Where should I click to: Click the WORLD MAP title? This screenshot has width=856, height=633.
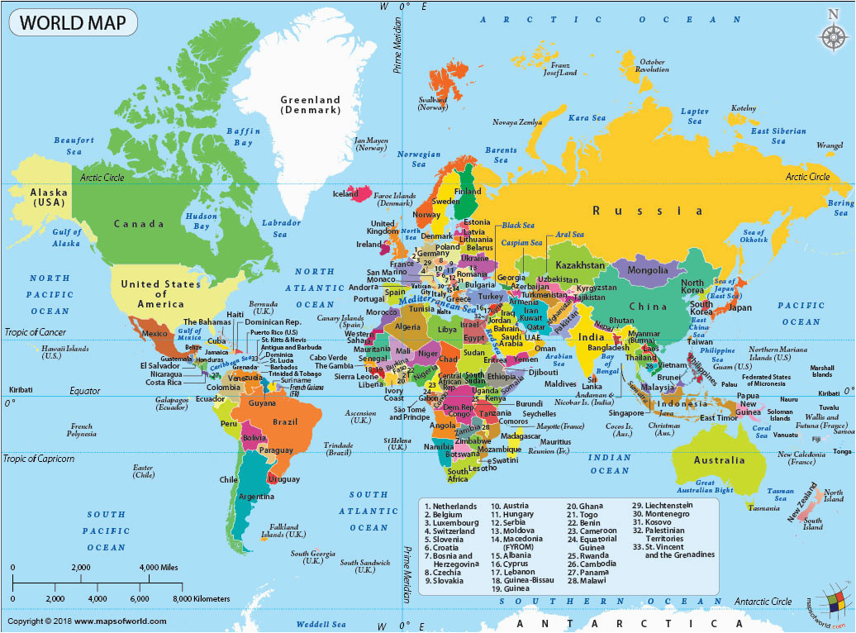point(73,21)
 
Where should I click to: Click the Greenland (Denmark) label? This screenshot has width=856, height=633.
point(310,105)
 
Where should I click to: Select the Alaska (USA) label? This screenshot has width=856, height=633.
point(49,196)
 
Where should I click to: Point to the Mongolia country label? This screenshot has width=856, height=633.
point(648,270)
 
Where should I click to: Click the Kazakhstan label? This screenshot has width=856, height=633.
point(580,265)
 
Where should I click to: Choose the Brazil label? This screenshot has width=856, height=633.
point(284,421)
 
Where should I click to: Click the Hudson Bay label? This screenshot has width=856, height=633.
point(201,221)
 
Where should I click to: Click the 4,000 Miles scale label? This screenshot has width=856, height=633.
point(159,568)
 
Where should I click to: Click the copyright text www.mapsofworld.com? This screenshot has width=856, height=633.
point(87,621)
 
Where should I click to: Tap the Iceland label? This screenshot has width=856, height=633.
point(345,194)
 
